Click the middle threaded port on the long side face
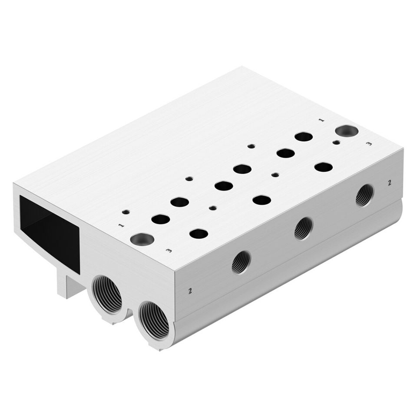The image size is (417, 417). click(x=304, y=228)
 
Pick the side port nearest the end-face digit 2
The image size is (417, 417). click(x=242, y=262)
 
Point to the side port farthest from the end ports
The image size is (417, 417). click(x=365, y=195)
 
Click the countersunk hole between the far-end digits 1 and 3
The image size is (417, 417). click(x=347, y=131)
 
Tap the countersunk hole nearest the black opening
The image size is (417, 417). click(x=142, y=239)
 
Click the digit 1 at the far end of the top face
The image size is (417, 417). click(x=322, y=120)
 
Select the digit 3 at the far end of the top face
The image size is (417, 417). click(x=369, y=144)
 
